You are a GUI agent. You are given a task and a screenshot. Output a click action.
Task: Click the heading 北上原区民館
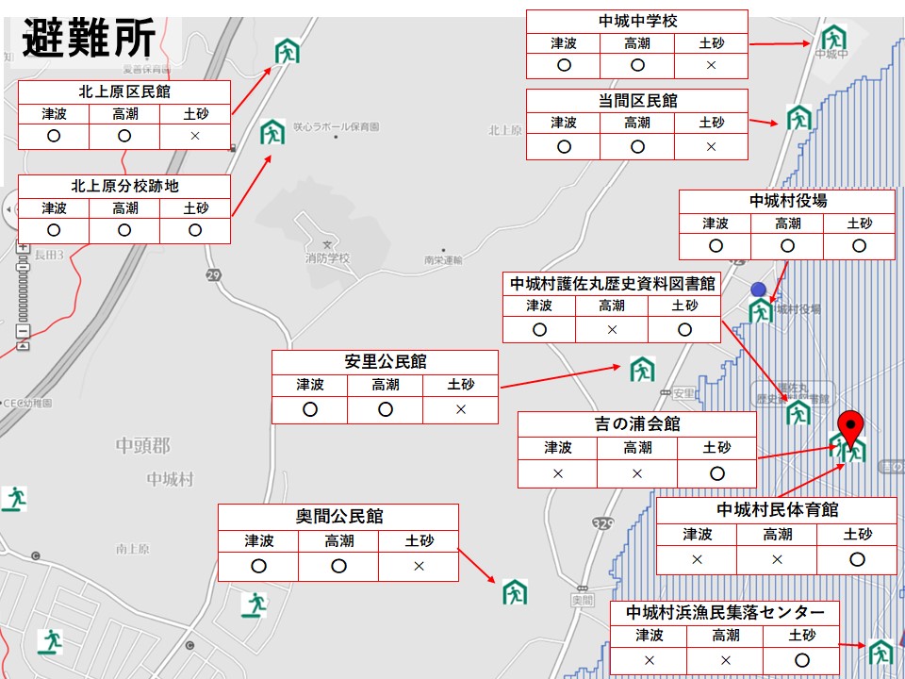point(124,91)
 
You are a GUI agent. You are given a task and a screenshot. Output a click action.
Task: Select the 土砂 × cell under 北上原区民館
point(195,136)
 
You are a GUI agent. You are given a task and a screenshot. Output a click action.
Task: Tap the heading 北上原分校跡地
point(124,186)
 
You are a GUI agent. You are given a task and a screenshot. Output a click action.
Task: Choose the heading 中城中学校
point(637,21)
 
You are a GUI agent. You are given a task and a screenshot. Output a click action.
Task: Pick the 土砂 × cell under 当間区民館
point(711,147)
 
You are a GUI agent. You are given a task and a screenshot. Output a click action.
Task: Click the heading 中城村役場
point(788,201)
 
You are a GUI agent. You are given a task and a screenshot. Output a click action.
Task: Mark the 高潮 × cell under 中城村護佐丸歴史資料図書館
point(612,330)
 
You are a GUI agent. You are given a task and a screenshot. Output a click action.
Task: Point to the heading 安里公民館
point(385,361)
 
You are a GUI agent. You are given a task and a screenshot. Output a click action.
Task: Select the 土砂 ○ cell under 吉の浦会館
point(716,473)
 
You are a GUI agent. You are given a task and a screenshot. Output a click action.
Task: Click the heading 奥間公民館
point(338,516)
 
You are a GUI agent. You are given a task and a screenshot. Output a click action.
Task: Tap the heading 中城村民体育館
point(777,510)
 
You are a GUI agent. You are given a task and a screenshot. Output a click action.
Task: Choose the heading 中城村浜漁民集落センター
point(724,613)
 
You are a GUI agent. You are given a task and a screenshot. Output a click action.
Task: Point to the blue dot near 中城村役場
point(758,289)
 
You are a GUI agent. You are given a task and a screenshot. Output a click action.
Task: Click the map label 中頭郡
point(142,444)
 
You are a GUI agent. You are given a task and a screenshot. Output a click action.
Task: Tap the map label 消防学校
point(327,257)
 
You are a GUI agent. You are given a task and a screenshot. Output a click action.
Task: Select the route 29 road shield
point(214,273)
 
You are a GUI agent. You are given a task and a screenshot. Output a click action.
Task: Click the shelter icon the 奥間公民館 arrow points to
point(515,591)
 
